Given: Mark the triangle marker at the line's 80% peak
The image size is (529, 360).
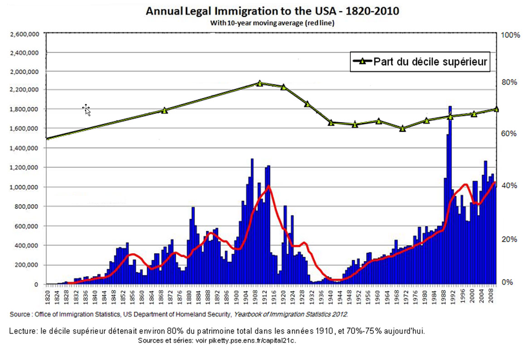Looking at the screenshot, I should point(259,83).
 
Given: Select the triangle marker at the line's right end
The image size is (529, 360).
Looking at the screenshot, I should point(496,109).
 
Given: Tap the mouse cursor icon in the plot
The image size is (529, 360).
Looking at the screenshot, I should point(86,109).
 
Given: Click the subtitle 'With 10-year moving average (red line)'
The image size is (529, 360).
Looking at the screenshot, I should point(272,23).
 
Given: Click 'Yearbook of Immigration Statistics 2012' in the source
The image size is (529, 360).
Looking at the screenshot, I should point(290,314).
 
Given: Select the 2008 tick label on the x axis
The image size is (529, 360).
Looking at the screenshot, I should point(492,295).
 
